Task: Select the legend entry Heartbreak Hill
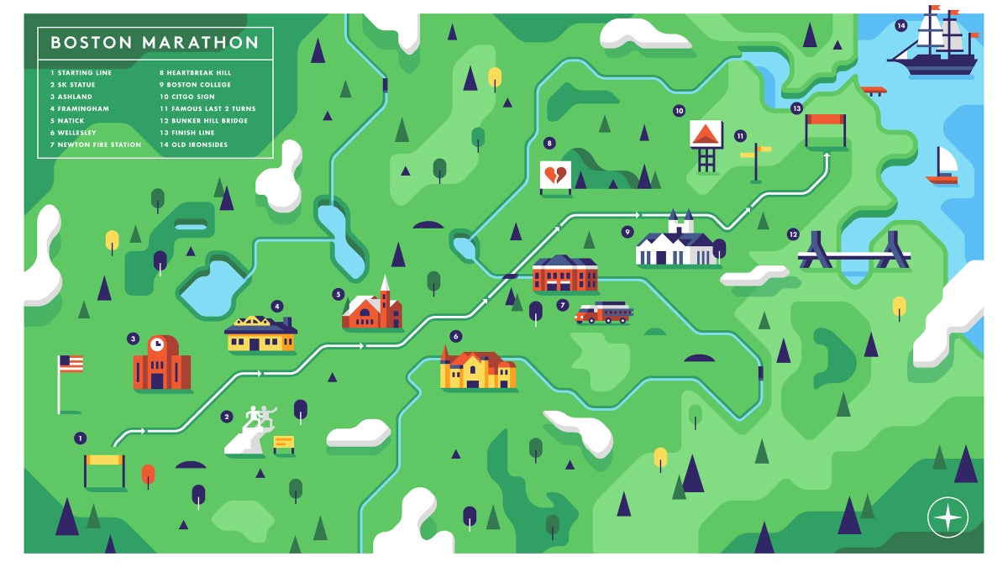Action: coord(199,73)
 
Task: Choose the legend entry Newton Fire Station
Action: coord(95,144)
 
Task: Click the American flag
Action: coord(71,364)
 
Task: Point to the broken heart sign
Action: coord(554,176)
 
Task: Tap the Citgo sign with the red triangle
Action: coord(706,134)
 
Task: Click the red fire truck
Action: coord(604,313)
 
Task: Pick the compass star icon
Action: coord(948,517)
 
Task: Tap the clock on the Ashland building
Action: coord(156,344)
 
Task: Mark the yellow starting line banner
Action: coord(104,459)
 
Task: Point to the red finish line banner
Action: coord(825,119)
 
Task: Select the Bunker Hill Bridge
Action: coord(853,254)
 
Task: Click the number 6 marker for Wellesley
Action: coord(456,337)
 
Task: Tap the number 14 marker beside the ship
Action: coord(901,26)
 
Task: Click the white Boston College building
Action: coord(676,244)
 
